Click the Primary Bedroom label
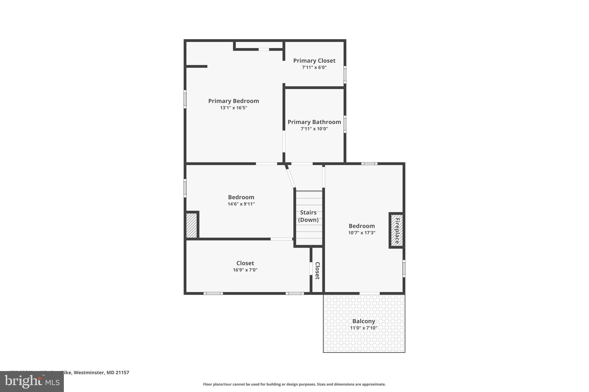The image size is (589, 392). click(234, 101)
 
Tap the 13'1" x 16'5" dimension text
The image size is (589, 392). click(234, 108)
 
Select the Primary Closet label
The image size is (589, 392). click(314, 61)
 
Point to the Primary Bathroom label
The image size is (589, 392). click(314, 122)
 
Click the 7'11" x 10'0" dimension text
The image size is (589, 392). click(314, 129)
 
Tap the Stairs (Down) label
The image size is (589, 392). click(308, 216)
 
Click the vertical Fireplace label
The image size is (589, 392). click(397, 231)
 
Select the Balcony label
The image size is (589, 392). click(364, 321)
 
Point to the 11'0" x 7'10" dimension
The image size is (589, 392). click(364, 328)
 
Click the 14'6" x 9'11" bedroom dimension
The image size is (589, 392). click(241, 204)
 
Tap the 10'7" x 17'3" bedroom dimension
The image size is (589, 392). click(362, 233)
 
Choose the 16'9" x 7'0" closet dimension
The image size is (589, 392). click(245, 270)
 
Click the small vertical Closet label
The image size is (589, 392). click(317, 271)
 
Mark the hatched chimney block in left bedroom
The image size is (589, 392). click(191, 225)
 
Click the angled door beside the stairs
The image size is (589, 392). click(290, 178)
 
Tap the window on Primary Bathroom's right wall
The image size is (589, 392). click(345, 124)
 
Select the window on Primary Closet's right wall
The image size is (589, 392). click(345, 75)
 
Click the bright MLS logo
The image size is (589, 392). click(32, 381)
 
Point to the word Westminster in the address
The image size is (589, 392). click(89, 373)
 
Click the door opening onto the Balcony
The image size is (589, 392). click(370, 293)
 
